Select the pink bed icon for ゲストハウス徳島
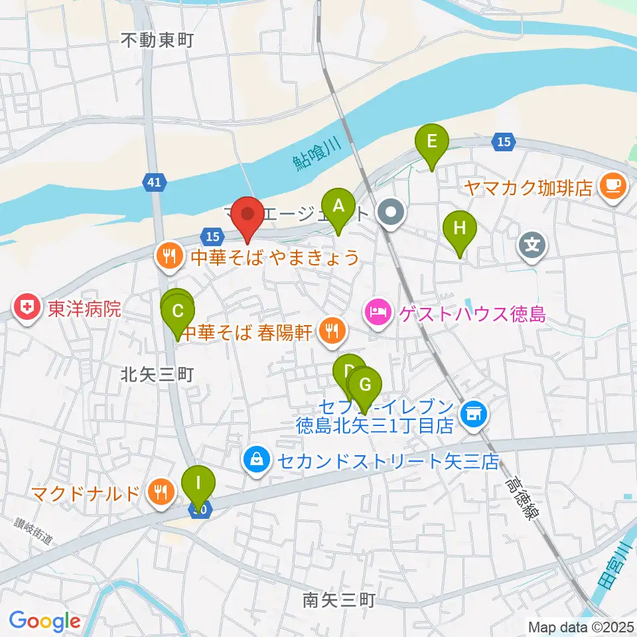378,311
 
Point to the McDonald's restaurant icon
161,492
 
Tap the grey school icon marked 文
532,245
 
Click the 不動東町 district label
157,40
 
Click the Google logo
44,621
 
